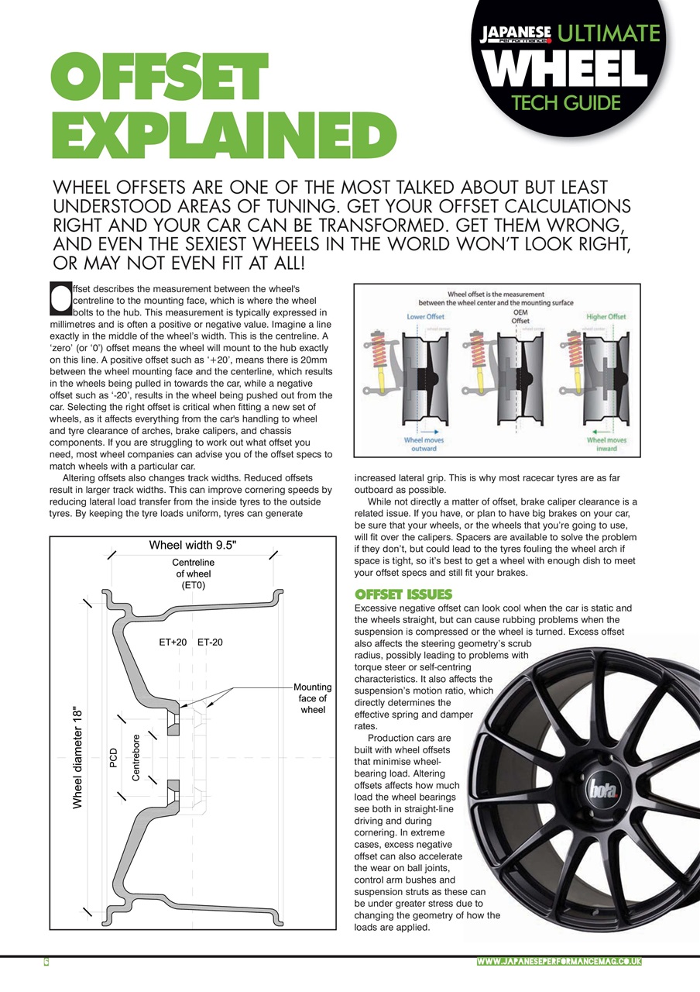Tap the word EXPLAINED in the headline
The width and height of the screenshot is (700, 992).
coord(223,139)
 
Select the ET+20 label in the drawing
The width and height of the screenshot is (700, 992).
coord(173,642)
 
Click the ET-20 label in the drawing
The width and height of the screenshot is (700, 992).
coord(210,642)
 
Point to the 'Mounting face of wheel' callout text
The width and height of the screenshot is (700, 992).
coord(313,697)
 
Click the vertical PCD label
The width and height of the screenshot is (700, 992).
coord(113,759)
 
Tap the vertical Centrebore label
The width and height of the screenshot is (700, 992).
coord(136,757)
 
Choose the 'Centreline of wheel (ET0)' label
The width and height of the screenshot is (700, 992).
coord(193,573)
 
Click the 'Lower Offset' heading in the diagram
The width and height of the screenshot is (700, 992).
coord(425,316)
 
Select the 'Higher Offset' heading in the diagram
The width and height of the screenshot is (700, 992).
coord(606,316)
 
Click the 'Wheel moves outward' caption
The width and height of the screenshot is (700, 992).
coord(424,444)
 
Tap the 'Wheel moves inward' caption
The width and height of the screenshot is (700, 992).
coord(606,444)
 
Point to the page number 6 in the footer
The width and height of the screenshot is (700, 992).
coord(46,962)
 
